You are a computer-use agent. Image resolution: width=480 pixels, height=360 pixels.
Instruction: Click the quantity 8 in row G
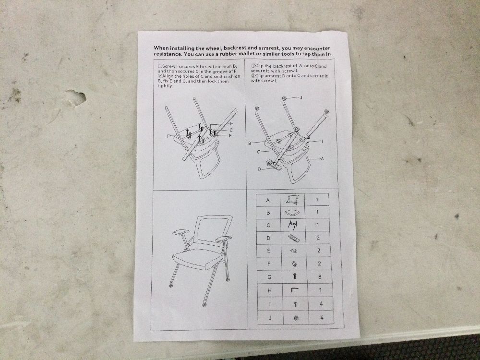pos(320,277)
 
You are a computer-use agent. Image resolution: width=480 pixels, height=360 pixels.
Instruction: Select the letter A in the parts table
pos(268,201)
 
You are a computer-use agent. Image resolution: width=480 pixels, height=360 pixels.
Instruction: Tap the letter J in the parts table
pos(270,318)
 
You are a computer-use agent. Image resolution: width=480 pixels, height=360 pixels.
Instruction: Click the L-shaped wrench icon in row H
pos(295,289)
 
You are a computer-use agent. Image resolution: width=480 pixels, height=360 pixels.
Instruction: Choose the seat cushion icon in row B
pos(292,212)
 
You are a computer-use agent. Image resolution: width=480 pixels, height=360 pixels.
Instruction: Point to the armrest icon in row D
pos(294,238)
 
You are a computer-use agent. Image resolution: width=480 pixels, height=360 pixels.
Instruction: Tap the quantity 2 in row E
pos(319,251)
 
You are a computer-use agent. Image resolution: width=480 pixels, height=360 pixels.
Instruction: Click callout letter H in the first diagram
pos(232,123)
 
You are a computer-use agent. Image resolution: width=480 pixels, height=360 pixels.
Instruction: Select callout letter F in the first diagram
pos(168,136)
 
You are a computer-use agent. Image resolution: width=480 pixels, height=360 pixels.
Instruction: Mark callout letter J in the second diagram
pos(301,97)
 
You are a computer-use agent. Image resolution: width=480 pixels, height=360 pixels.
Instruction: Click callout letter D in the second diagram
pos(259,169)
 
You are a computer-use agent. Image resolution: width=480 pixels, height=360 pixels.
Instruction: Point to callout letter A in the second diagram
pos(322,158)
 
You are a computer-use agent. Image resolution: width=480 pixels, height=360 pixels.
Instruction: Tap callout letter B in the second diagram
pos(250,143)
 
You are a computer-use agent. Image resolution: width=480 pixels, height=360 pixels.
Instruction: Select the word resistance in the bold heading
pos(167,54)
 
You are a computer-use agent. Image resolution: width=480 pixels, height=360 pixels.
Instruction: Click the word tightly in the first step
pos(165,86)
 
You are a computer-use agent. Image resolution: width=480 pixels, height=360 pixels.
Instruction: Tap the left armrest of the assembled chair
pos(180,232)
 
